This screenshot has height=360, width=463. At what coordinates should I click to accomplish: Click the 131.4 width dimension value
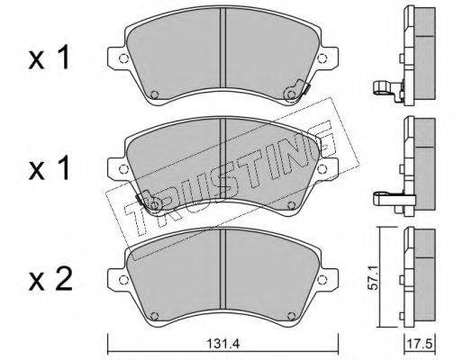click(x=222, y=344)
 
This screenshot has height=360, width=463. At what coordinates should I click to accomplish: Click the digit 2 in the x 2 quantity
click(x=63, y=280)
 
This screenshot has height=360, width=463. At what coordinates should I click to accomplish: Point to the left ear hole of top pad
click(x=123, y=58)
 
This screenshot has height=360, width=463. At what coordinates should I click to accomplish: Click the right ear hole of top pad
click(x=322, y=58)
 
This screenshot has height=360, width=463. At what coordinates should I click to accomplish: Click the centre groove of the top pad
click(x=222, y=48)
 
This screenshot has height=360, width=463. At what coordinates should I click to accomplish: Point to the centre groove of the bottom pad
click(x=222, y=268)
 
